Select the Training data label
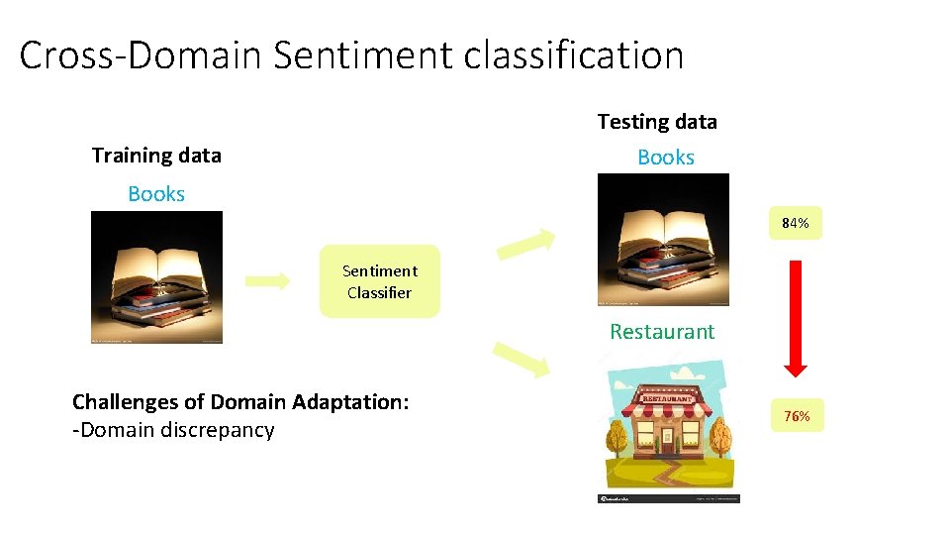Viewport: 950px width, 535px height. pyautogui.click(x=156, y=156)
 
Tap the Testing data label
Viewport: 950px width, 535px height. pyautogui.click(x=657, y=122)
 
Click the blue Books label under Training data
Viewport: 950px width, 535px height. pyautogui.click(x=156, y=194)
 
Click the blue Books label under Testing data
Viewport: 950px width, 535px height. pyautogui.click(x=666, y=158)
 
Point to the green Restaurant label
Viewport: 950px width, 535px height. pyautogui.click(x=662, y=332)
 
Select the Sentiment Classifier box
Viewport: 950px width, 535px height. pyautogui.click(x=379, y=281)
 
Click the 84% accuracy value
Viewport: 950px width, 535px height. pyautogui.click(x=796, y=224)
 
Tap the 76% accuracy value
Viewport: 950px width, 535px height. pyautogui.click(x=797, y=416)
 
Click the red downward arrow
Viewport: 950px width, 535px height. pyautogui.click(x=796, y=317)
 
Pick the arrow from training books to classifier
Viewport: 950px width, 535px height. pyautogui.click(x=267, y=280)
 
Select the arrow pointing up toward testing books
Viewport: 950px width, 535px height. pyautogui.click(x=524, y=244)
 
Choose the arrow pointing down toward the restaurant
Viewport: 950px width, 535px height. pyautogui.click(x=521, y=360)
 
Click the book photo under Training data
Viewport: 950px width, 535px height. pyautogui.click(x=156, y=277)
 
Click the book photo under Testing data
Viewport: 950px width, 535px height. pyautogui.click(x=663, y=239)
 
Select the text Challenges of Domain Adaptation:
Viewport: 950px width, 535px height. pyautogui.click(x=240, y=402)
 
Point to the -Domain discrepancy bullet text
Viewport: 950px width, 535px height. pyautogui.click(x=173, y=430)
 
